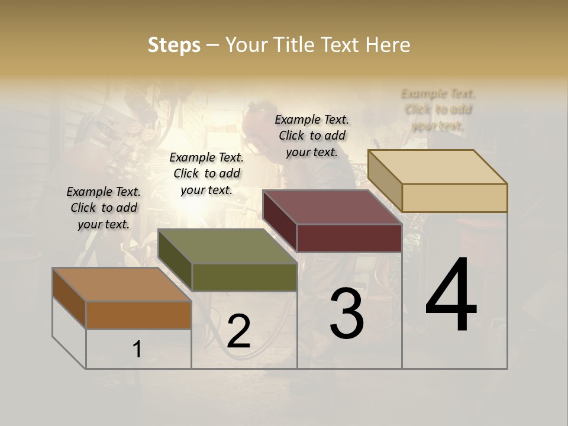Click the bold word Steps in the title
(x=174, y=45)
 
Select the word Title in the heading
(x=296, y=45)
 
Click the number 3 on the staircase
(x=347, y=314)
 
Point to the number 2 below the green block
(x=238, y=331)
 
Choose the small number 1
(x=137, y=350)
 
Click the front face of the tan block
(x=454, y=198)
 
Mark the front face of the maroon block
(x=349, y=238)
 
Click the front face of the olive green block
(x=244, y=277)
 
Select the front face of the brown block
(x=138, y=315)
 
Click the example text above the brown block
(x=104, y=208)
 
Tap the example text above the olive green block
(x=206, y=173)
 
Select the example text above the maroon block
(x=312, y=135)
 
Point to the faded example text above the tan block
(x=438, y=109)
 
